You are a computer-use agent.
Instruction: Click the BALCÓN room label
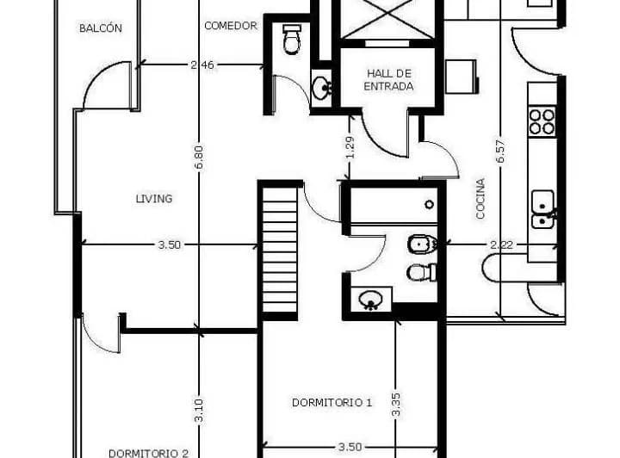tap(101, 28)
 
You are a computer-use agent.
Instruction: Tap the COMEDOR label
tap(231, 26)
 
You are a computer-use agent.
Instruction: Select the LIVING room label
tap(154, 198)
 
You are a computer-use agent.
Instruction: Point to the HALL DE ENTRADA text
tap(388, 80)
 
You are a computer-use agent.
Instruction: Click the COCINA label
tap(480, 199)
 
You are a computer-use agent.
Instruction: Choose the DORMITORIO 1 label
tap(332, 402)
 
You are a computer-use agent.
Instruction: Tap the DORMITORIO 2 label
tap(148, 453)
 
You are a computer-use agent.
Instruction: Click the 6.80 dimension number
tap(199, 158)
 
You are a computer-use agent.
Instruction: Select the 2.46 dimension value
tap(202, 65)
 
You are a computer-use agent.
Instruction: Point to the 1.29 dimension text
tap(350, 147)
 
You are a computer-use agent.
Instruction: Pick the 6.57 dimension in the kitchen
tap(500, 151)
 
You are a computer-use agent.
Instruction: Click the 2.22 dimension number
tap(502, 245)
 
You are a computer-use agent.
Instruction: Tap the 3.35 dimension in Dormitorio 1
tap(396, 405)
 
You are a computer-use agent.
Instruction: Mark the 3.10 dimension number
tap(199, 410)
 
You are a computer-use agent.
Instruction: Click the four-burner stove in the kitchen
tap(542, 121)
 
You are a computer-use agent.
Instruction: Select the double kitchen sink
tap(543, 209)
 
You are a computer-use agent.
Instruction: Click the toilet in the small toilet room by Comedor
tap(292, 39)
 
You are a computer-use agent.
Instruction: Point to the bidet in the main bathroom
tap(422, 244)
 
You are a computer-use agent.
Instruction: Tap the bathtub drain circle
tap(430, 204)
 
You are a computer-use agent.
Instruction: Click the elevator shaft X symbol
tap(387, 19)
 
